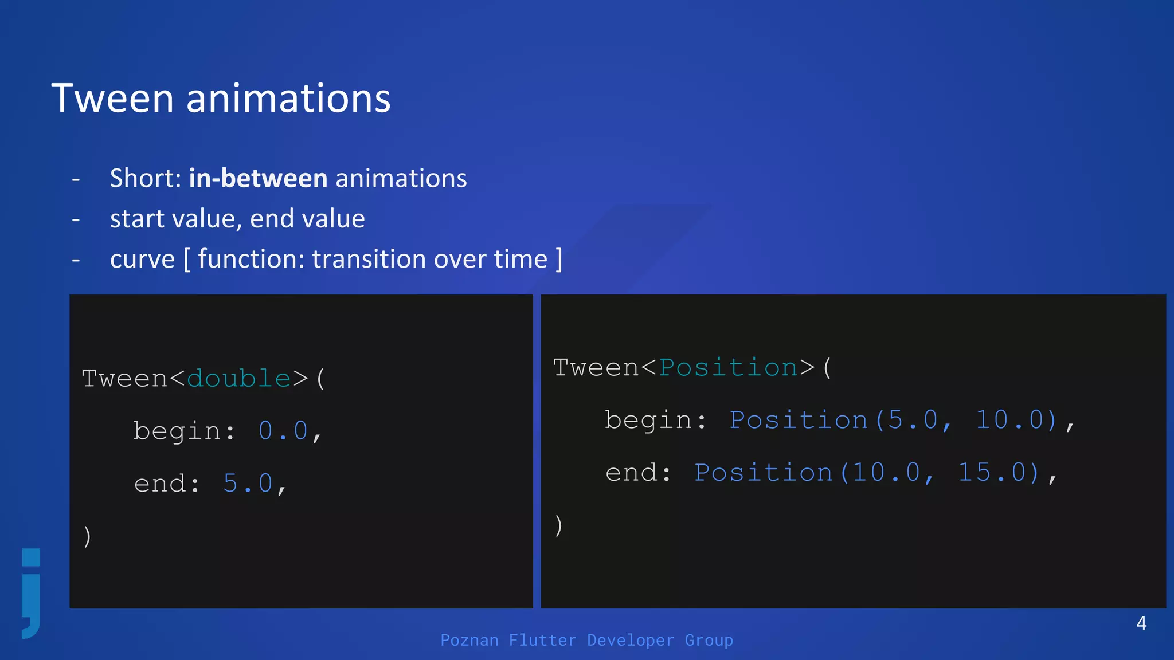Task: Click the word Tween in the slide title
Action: coord(112,99)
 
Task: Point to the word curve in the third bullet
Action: coord(142,260)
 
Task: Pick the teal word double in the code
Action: coord(239,379)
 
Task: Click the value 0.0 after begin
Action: coord(283,431)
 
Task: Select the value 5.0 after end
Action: coord(248,484)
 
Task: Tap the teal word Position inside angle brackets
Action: coord(728,368)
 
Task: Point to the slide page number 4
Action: coord(1141,623)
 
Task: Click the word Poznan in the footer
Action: coord(469,640)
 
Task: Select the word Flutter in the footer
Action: coord(542,640)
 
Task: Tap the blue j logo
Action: coord(32,593)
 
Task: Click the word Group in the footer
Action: coord(709,640)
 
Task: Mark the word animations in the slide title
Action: coord(288,99)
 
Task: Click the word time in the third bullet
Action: coord(521,259)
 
